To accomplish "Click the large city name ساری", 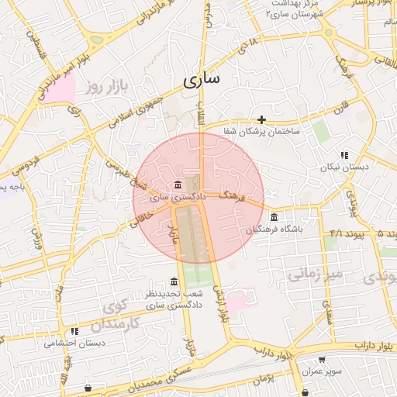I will tap(202, 78).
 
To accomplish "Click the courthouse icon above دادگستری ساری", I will tap(179, 185).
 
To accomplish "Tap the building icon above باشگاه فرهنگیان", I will tap(274, 216).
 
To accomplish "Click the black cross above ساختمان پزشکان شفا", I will tap(262, 119).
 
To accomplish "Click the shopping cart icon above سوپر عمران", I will tap(321, 360).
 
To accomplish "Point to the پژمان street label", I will tap(264, 378).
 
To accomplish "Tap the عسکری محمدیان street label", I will tap(163, 378).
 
